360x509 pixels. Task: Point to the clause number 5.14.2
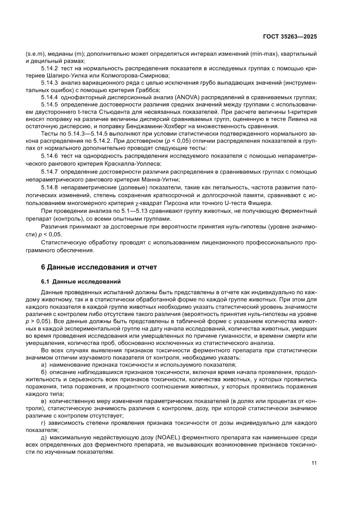click(x=50, y=69)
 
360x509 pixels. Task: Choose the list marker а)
click(x=44, y=364)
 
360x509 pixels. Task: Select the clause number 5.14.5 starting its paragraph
click(x=50, y=105)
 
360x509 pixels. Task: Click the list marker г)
click(x=43, y=422)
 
